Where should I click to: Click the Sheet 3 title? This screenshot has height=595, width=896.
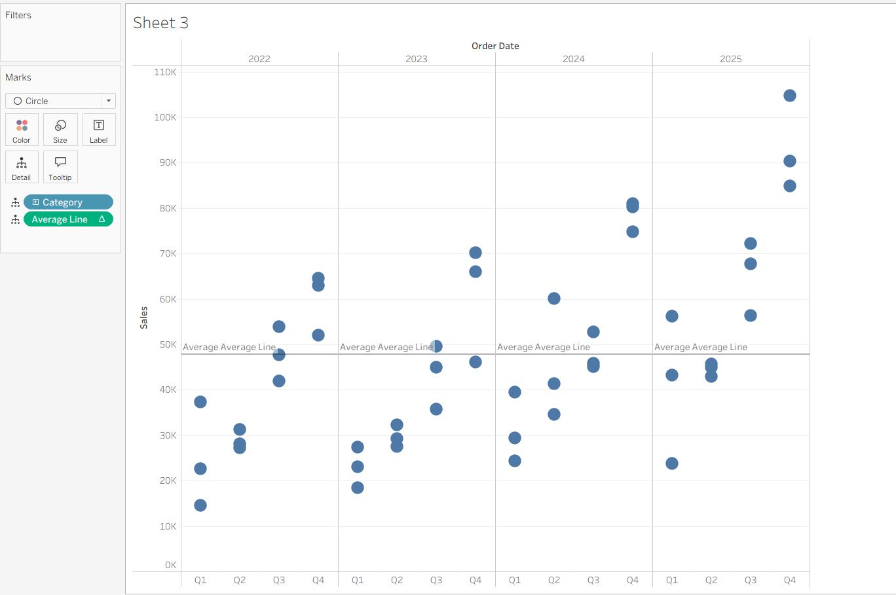160,23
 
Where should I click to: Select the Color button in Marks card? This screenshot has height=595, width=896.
22,130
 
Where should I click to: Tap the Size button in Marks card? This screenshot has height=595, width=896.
60,130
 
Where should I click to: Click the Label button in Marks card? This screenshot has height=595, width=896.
99,130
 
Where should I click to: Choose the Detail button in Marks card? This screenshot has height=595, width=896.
22,167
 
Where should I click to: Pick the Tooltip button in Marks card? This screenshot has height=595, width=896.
60,167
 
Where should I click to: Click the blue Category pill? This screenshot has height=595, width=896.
68,202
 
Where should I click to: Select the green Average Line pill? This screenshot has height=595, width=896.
68,219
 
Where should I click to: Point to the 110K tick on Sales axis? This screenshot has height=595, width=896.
165,72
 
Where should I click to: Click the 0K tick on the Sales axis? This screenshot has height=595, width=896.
170,565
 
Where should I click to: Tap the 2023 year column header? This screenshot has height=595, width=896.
417,59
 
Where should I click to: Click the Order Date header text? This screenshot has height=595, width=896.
495,46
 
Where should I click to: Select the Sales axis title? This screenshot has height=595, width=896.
144,317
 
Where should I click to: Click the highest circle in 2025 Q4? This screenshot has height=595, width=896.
790,96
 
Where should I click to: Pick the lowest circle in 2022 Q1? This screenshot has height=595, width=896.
200,505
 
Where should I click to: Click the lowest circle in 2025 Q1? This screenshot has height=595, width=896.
672,463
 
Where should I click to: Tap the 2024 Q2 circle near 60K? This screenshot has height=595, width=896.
554,298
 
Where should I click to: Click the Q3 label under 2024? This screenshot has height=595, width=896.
593,580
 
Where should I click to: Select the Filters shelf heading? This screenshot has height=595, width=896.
18,15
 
